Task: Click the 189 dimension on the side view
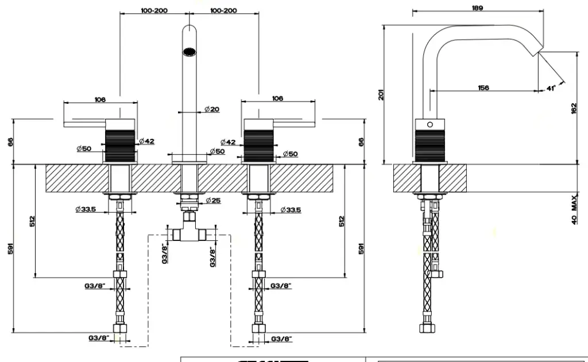(477, 8)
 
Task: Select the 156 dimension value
(483, 88)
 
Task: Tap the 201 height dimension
(381, 94)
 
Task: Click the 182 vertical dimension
(574, 108)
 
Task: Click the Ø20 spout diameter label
(211, 110)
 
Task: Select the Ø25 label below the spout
(213, 200)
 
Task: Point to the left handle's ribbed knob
(119, 146)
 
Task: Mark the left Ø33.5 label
(84, 209)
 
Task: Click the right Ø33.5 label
(291, 210)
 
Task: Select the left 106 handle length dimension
(100, 99)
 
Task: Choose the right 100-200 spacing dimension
(223, 10)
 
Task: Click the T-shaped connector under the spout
(189, 231)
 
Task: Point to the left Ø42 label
(147, 141)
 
